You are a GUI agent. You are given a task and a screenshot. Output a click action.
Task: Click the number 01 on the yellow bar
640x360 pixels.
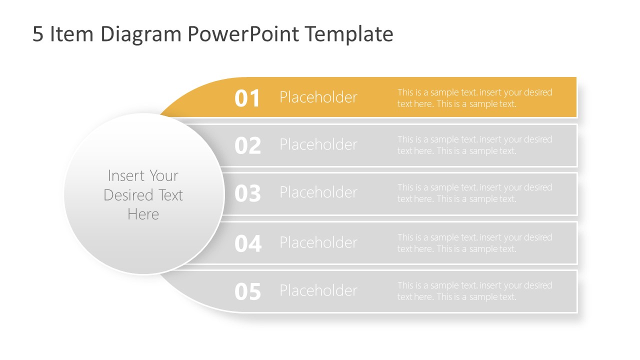(x=247, y=98)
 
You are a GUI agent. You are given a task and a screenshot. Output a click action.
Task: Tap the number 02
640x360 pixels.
(x=247, y=145)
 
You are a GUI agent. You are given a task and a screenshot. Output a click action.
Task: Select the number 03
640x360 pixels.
(x=247, y=193)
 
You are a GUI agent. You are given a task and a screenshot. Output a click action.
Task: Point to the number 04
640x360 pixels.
(x=247, y=243)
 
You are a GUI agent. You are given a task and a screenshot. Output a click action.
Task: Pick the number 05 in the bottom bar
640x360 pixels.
(x=247, y=291)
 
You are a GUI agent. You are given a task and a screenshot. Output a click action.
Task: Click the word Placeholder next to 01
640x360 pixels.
(x=318, y=97)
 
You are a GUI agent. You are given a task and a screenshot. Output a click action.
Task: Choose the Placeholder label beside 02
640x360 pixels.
(x=318, y=144)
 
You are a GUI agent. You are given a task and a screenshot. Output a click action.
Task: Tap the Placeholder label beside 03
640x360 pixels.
(x=318, y=192)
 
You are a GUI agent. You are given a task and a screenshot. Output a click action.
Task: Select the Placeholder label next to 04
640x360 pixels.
(x=318, y=242)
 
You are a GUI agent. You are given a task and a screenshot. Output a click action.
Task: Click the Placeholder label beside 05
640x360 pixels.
(x=318, y=290)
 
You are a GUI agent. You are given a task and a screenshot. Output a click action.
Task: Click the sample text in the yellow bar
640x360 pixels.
(x=474, y=98)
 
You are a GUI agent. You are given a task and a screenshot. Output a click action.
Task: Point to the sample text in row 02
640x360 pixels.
(x=474, y=145)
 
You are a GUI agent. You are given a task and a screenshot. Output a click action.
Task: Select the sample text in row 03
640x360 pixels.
(x=474, y=193)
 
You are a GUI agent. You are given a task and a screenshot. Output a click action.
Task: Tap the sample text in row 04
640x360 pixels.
(x=474, y=243)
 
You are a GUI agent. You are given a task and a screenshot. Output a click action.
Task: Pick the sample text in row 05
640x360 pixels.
(x=474, y=291)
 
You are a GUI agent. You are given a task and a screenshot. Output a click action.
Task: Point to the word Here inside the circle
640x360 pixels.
(x=143, y=214)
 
